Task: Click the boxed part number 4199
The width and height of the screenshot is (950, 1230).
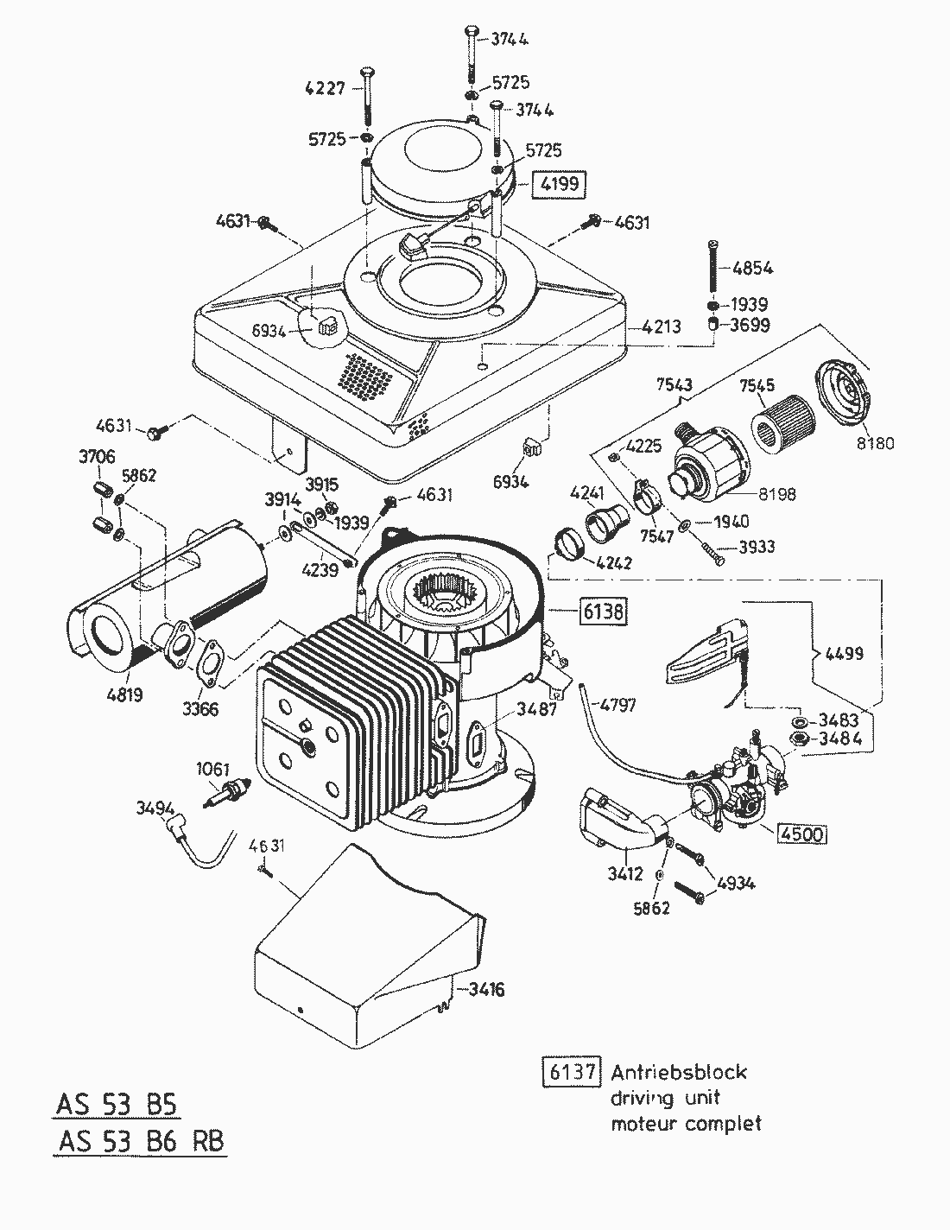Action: [x=559, y=184]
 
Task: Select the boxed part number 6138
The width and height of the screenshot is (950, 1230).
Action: [x=601, y=612]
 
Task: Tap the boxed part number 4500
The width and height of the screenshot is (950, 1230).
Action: [x=801, y=834]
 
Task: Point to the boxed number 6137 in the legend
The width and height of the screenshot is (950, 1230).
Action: [x=571, y=1072]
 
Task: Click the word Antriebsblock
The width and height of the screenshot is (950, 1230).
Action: [x=679, y=1072]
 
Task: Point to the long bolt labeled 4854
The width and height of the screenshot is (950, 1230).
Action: [x=712, y=268]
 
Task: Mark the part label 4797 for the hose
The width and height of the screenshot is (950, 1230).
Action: [x=617, y=705]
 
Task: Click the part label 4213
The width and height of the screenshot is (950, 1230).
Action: [x=661, y=327]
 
